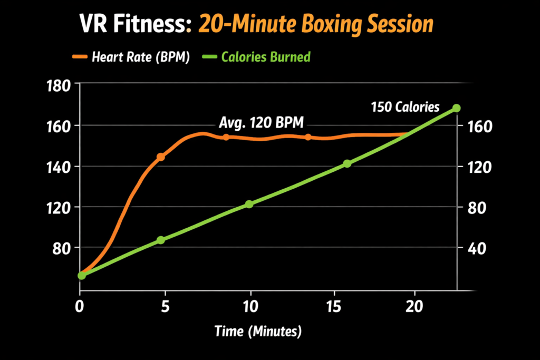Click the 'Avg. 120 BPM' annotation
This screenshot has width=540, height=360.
(262, 124)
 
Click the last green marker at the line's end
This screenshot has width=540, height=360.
(457, 108)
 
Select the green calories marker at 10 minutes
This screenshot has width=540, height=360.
(249, 205)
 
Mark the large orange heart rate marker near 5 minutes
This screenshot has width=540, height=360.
(161, 157)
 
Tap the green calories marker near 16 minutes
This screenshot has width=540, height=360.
(347, 164)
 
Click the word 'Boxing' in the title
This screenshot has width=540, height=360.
(330, 24)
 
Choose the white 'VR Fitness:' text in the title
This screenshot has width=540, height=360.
(136, 24)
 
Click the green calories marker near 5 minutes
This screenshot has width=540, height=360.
(161, 240)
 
